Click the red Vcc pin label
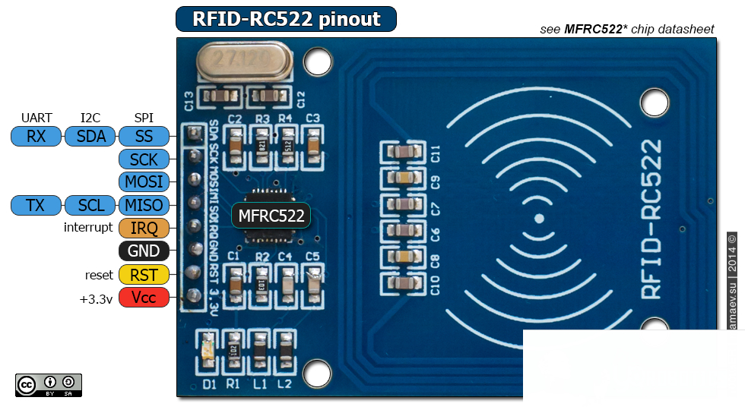click(144, 298)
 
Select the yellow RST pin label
click(144, 275)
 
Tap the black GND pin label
click(144, 251)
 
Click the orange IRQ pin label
click(144, 229)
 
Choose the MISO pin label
click(144, 205)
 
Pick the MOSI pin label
click(144, 182)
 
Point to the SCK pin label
click(144, 159)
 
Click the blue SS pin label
click(144, 137)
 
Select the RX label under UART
click(36, 137)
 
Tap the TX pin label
click(36, 205)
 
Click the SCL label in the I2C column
click(91, 205)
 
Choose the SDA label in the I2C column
click(91, 137)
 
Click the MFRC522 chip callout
click(272, 216)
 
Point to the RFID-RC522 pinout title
click(286, 19)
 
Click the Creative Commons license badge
click(48, 385)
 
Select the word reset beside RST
click(99, 275)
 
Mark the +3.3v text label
click(96, 298)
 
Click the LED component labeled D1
click(209, 352)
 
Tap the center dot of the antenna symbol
click(538, 219)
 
